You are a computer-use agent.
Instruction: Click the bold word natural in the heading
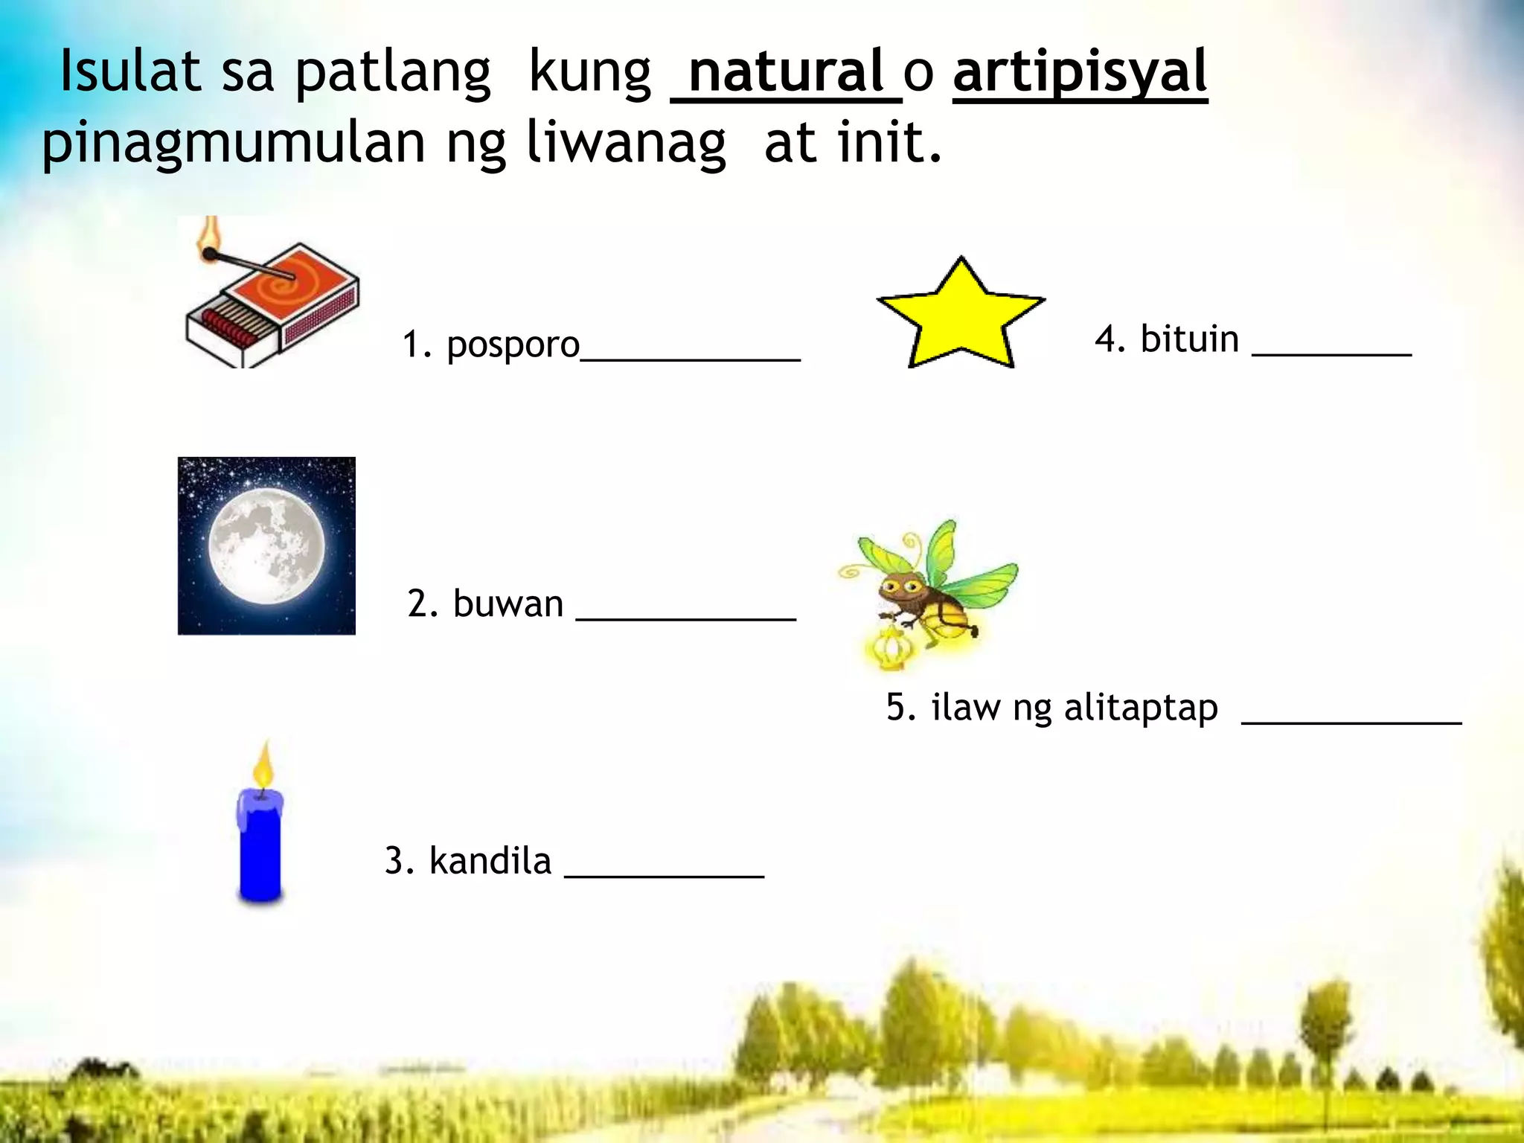(x=787, y=72)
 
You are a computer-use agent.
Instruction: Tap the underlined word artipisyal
(x=1080, y=72)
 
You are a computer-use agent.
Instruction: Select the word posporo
(x=513, y=345)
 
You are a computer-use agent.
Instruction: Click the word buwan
(x=508, y=603)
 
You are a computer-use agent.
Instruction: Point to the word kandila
(x=490, y=861)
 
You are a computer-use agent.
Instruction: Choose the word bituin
(x=1189, y=339)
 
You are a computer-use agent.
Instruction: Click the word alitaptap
(x=1141, y=708)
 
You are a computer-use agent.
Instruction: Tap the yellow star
(x=961, y=316)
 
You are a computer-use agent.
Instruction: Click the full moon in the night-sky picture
(x=266, y=545)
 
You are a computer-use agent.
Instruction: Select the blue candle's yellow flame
(x=263, y=766)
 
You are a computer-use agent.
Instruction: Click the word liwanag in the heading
(x=626, y=142)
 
